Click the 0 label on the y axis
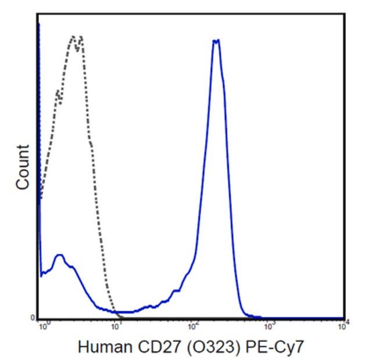33,317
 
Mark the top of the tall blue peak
216,40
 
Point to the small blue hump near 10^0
59,255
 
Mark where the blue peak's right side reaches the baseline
249,316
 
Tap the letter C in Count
22,182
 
